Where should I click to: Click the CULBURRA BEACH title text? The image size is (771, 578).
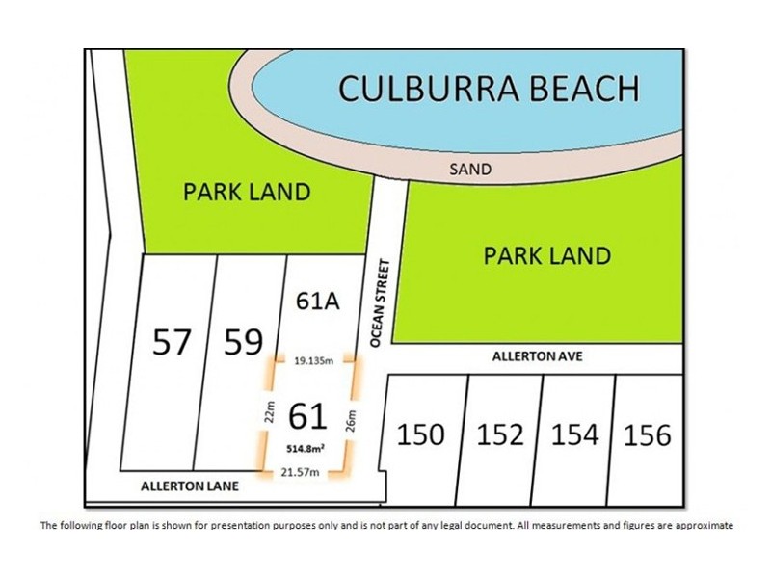coord(488,89)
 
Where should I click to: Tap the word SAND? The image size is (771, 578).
coord(469,169)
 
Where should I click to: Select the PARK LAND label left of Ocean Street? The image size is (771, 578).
coord(247,192)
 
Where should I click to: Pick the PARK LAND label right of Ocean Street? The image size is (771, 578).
coord(546,255)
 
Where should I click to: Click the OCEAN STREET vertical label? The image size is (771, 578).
coord(379,302)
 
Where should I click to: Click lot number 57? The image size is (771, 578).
coord(173,341)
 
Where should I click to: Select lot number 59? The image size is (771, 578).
coord(243,341)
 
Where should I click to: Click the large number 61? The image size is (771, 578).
coord(307,416)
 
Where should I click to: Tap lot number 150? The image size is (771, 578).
coord(421,434)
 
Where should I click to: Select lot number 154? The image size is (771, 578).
coord(574,434)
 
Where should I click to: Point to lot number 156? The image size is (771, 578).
coord(647,434)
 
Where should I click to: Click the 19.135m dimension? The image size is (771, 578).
coord(311,361)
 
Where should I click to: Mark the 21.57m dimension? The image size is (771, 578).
coord(301,472)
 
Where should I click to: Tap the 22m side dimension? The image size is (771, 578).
coord(271,414)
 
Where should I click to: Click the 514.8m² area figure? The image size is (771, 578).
coord(306,447)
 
